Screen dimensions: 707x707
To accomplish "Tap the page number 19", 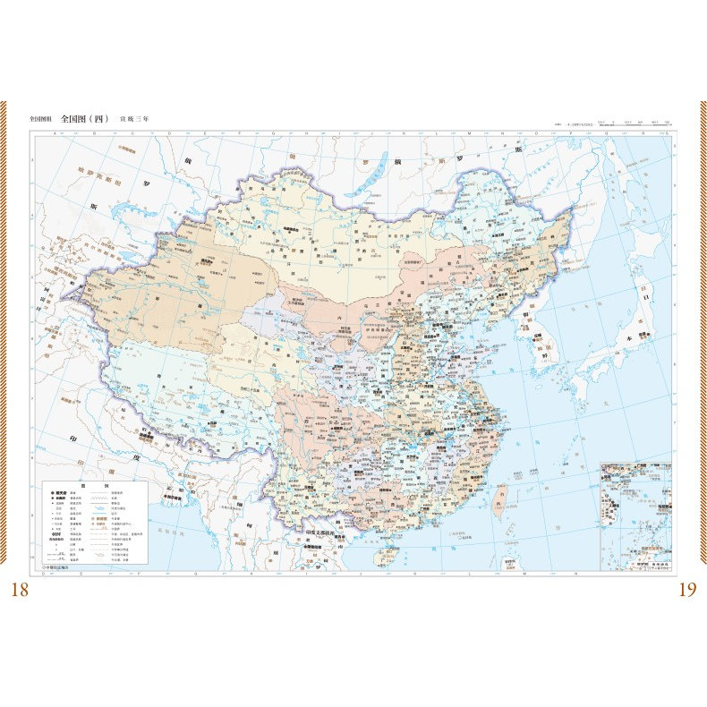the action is click(x=686, y=589).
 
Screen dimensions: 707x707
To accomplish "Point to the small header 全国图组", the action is click(x=41, y=118).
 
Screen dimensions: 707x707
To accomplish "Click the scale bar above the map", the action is click(x=635, y=124).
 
